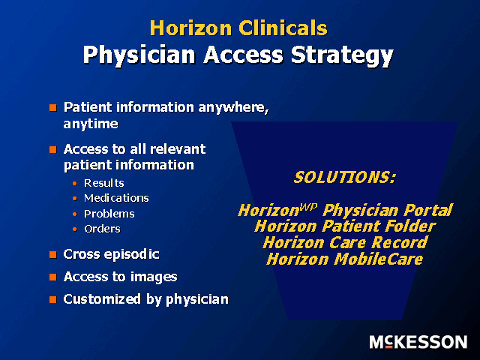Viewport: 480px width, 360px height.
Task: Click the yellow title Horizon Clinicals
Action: click(x=238, y=28)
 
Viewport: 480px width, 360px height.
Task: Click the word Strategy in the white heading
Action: click(x=342, y=55)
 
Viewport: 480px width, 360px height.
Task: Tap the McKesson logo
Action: click(x=418, y=342)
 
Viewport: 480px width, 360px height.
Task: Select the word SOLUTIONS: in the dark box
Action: click(x=345, y=178)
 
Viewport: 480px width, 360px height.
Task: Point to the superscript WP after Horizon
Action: click(x=308, y=207)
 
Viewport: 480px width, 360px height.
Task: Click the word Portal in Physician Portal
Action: click(x=427, y=211)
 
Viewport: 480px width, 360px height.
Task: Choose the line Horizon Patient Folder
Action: click(x=345, y=226)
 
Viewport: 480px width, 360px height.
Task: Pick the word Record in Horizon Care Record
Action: click(x=400, y=242)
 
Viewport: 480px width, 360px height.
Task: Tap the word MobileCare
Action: click(x=378, y=259)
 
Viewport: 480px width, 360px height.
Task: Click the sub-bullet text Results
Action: click(x=104, y=183)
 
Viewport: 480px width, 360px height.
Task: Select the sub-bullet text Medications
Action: click(x=116, y=198)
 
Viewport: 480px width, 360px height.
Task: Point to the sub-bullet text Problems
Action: click(x=109, y=214)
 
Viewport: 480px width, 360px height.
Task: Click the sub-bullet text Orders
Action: click(x=102, y=229)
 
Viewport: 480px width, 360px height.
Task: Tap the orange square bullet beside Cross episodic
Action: click(x=53, y=255)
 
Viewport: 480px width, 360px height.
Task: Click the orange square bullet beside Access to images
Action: click(x=53, y=277)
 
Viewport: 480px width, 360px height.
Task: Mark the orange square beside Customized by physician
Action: click(x=53, y=299)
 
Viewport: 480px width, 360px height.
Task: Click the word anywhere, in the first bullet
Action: click(x=233, y=108)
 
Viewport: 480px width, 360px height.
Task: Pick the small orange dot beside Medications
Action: click(x=75, y=199)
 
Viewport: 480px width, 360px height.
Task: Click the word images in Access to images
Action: click(x=154, y=277)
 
